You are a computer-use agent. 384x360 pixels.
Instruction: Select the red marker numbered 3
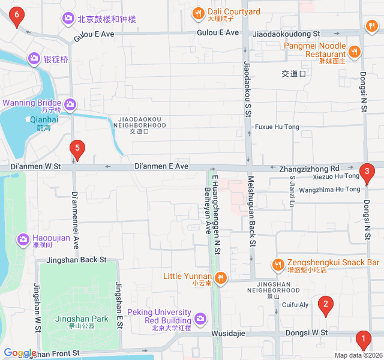[367, 173]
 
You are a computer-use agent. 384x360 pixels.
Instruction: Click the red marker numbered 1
[362, 340]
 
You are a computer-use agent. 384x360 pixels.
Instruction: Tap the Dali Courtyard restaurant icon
[198, 13]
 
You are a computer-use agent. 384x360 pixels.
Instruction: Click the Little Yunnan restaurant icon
[221, 277]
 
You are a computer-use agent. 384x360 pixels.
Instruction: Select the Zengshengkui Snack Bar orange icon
[277, 263]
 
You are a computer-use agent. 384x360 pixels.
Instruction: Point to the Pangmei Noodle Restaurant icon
[355, 51]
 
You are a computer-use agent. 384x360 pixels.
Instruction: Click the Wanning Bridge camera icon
[71, 105]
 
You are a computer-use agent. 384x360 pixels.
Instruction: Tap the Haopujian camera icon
[23, 239]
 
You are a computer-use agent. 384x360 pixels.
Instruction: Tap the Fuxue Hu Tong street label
[277, 127]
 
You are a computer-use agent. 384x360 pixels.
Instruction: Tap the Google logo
[20, 353]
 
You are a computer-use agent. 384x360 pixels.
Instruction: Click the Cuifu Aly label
[295, 305]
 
